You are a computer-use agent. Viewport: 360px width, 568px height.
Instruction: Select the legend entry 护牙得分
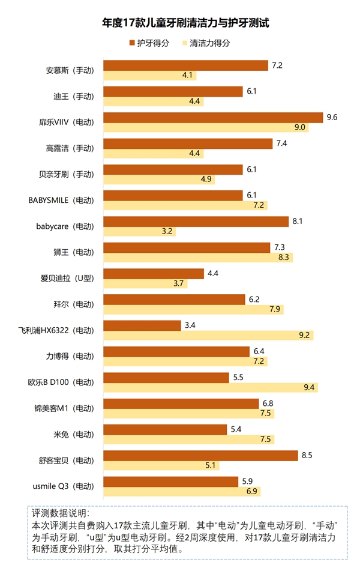[149, 43]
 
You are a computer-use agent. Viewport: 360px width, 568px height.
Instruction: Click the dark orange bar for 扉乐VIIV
[213, 117]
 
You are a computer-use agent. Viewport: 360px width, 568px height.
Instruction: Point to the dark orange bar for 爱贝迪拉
[154, 273]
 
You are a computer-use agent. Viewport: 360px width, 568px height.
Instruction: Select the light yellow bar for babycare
[139, 231]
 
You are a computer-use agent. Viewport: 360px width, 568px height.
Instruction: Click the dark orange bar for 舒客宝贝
[200, 455]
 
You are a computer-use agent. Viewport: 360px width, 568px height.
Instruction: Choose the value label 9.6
[332, 117]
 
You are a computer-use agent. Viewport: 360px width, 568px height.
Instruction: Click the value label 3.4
[190, 325]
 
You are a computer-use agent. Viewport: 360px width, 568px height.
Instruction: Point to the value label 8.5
[307, 455]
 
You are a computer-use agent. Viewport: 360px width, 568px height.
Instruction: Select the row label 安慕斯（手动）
[70, 70]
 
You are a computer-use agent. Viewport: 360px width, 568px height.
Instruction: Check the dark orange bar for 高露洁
[188, 143]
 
